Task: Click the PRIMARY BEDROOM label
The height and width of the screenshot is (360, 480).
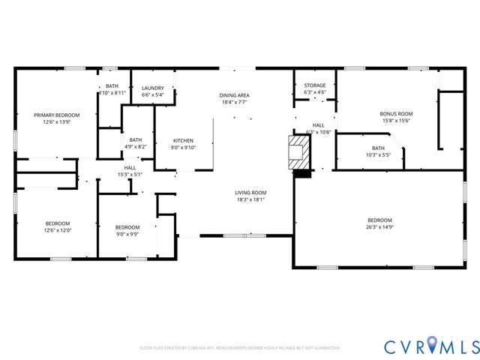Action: [x=56, y=115]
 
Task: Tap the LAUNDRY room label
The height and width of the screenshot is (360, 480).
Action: [x=152, y=88]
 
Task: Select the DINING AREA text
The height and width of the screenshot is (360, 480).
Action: [x=235, y=95]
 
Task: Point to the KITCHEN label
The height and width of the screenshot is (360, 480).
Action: [x=184, y=140]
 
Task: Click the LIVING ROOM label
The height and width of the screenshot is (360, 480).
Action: [x=251, y=193]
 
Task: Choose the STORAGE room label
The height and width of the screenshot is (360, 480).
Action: [x=315, y=85]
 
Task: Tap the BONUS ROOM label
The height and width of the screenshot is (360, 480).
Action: [x=397, y=114]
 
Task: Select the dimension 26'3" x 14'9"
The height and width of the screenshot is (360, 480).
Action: [x=379, y=226]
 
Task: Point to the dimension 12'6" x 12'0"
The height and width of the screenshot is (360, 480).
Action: [x=57, y=230]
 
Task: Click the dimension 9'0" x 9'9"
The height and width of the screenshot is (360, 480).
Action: [x=127, y=234]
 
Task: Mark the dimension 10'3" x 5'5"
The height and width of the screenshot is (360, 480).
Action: [x=378, y=154]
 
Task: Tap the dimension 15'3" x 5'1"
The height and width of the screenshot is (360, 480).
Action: [x=130, y=174]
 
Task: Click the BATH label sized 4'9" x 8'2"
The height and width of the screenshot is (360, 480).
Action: [x=136, y=139]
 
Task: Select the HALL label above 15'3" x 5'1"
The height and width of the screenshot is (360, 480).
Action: [x=130, y=167]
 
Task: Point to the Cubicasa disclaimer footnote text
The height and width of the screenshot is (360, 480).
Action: [x=239, y=348]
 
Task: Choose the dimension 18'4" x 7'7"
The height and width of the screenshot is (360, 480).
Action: [x=235, y=102]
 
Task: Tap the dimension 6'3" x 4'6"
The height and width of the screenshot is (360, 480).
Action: [x=315, y=92]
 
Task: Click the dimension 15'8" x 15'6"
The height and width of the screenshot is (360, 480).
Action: [x=397, y=121]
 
